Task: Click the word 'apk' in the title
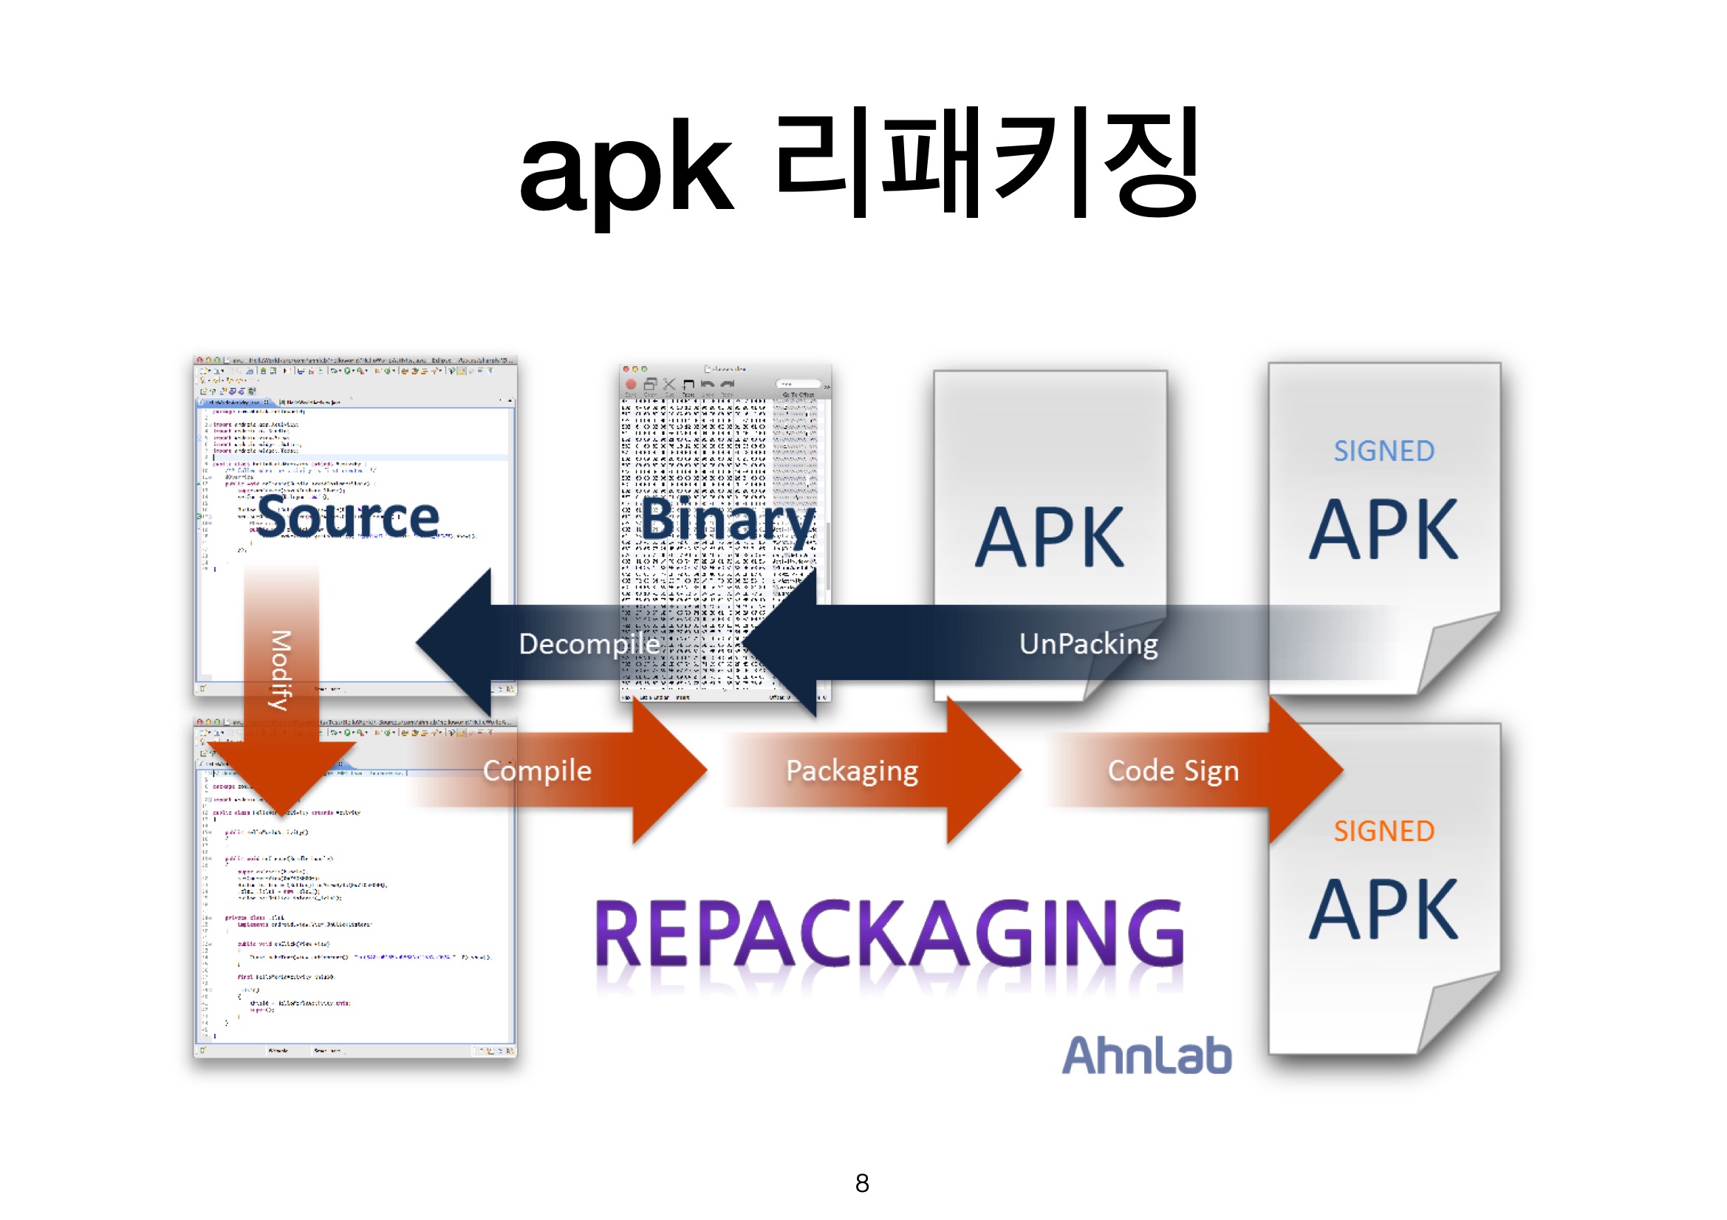click(x=626, y=171)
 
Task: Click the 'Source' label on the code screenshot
click(x=348, y=518)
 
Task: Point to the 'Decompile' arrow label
click(x=589, y=644)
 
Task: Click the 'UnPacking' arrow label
click(x=1087, y=644)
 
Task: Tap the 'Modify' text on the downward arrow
click(x=281, y=669)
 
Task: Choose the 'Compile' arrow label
click(x=537, y=770)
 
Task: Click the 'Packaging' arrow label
click(x=852, y=770)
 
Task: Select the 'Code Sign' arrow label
click(x=1173, y=770)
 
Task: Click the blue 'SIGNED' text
click(x=1384, y=451)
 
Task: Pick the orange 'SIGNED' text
click(x=1384, y=831)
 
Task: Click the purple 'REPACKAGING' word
click(x=889, y=934)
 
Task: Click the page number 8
click(x=862, y=1183)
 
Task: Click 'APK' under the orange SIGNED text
click(x=1384, y=910)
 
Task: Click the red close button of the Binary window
click(x=625, y=369)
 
